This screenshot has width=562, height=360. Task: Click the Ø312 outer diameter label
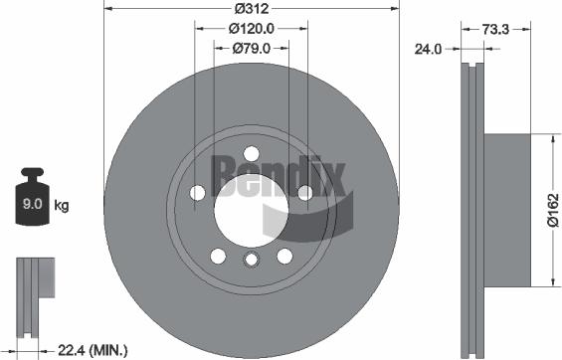[252, 10]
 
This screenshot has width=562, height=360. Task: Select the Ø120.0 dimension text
[252, 29]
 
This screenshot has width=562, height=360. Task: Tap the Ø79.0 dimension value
[252, 47]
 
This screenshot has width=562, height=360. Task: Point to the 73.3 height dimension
[495, 31]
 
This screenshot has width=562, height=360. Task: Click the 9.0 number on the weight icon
[31, 206]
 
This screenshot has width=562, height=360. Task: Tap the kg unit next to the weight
[62, 206]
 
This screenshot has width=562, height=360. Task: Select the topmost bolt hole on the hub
[252, 151]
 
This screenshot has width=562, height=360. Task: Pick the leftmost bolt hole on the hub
[197, 192]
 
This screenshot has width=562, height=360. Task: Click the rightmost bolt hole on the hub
[306, 192]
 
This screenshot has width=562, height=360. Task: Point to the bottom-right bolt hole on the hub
[285, 256]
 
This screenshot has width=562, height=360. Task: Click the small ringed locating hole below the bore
[252, 261]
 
